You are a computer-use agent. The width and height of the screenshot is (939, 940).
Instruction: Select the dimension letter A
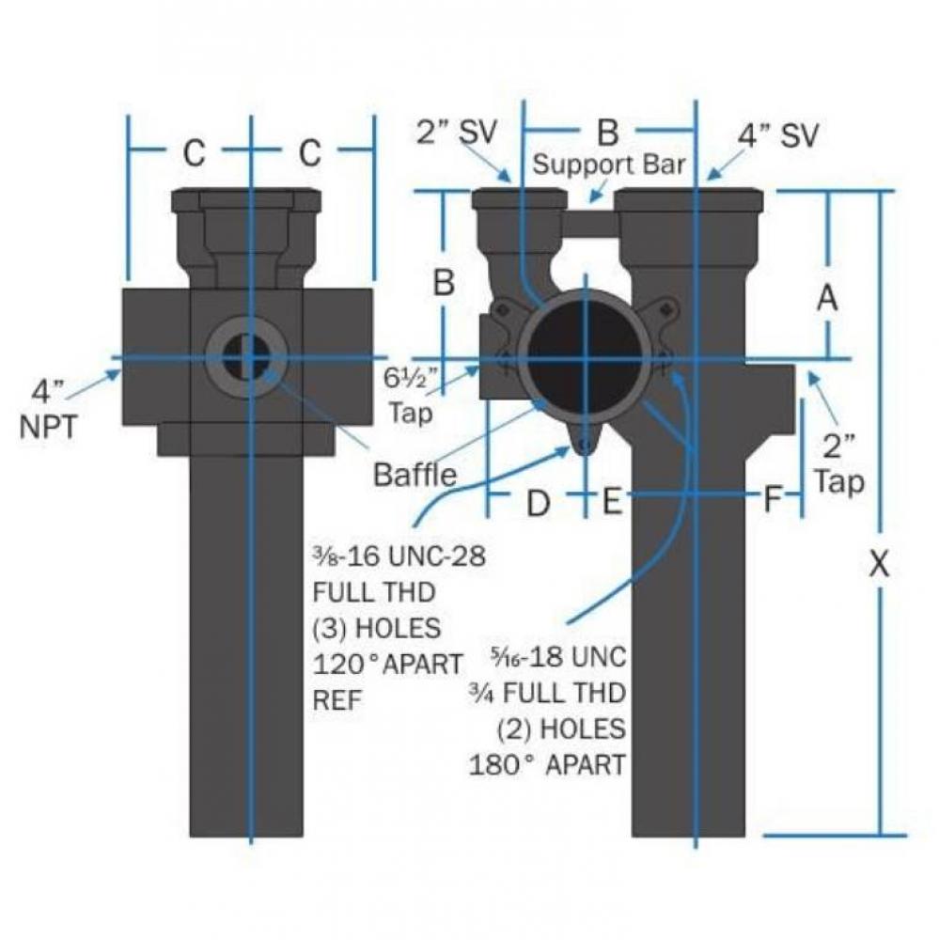click(826, 299)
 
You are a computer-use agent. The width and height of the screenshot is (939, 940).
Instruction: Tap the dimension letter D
click(537, 503)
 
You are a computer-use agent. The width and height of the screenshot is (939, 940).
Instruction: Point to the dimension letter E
click(612, 503)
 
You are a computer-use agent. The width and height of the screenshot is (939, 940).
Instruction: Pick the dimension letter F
click(772, 501)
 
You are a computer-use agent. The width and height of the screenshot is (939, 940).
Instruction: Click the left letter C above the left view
click(194, 154)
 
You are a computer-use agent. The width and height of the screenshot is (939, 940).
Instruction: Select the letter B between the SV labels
click(608, 133)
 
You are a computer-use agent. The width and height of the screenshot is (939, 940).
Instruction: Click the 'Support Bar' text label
click(609, 164)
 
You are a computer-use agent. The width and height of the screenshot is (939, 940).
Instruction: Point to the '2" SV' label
click(456, 133)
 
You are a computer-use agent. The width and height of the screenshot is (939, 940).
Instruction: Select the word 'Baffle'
click(415, 475)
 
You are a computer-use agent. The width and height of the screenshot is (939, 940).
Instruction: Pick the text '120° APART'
click(387, 664)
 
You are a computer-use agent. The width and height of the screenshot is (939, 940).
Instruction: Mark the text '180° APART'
click(547, 764)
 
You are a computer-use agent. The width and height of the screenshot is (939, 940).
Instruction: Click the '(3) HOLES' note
click(376, 627)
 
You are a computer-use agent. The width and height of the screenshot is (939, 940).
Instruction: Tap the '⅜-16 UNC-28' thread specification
click(399, 556)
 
